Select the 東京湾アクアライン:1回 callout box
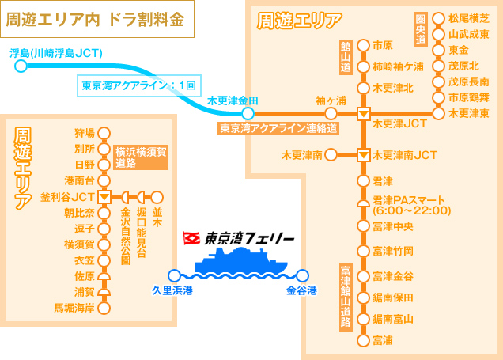point(139,85)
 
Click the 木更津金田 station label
point(233,101)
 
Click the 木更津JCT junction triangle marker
point(363,114)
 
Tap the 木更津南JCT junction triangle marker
point(363,154)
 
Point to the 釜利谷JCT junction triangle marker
point(103,196)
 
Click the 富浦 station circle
point(363,341)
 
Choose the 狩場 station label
point(84,132)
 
